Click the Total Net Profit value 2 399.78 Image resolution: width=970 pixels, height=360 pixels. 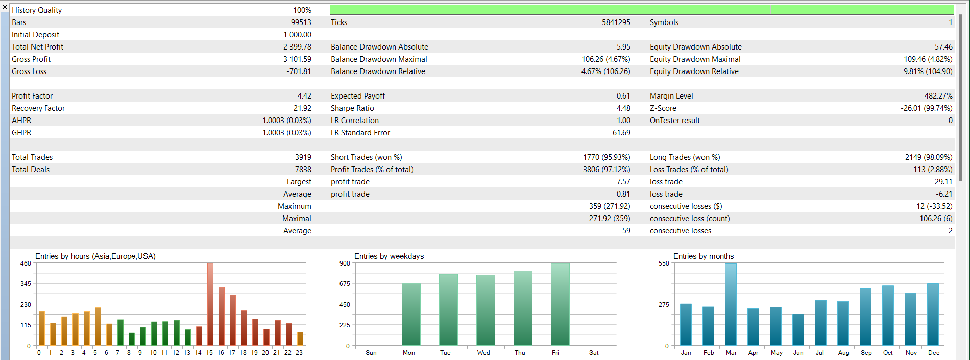tap(297, 47)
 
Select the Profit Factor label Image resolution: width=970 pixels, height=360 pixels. tap(32, 96)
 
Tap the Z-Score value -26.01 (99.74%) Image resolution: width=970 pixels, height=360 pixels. tap(926, 108)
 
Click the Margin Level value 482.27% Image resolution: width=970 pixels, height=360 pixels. tap(938, 96)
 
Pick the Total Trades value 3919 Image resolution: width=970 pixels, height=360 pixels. tap(303, 157)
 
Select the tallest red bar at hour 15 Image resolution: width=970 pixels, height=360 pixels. tap(210, 304)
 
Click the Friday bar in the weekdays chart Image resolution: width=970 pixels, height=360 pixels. tap(560, 304)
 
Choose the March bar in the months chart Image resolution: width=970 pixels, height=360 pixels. tap(731, 304)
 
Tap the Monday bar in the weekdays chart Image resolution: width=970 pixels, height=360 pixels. tap(411, 315)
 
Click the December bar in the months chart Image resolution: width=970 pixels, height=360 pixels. tap(933, 315)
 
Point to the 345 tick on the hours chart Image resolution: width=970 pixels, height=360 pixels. tap(26, 284)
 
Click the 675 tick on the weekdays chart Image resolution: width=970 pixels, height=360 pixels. tap(345, 284)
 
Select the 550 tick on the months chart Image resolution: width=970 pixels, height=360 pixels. tap(664, 263)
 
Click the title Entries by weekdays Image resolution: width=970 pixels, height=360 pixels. tap(389, 256)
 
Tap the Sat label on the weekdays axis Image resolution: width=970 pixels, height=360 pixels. tap(594, 353)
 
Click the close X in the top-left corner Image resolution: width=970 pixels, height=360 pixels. tap(5, 7)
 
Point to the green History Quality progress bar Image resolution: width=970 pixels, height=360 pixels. tap(641, 10)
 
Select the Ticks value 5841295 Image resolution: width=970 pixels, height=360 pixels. tap(616, 22)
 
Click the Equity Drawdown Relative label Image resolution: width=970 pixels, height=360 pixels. tap(694, 71)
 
